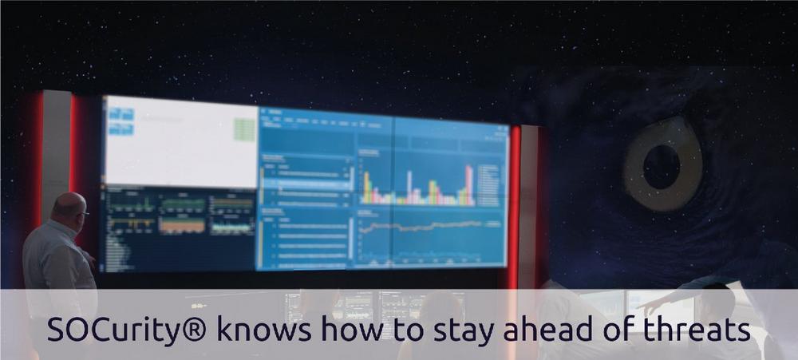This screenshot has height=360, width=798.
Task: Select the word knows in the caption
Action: tap(263, 329)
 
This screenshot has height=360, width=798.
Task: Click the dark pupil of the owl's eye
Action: tap(661, 166)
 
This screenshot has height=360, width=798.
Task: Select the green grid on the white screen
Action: tap(244, 130)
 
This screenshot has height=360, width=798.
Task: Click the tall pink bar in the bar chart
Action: tap(468, 185)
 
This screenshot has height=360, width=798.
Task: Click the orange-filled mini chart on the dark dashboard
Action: tap(182, 224)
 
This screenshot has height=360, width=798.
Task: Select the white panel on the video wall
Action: tap(181, 141)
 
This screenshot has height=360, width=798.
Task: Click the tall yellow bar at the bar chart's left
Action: tap(366, 188)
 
